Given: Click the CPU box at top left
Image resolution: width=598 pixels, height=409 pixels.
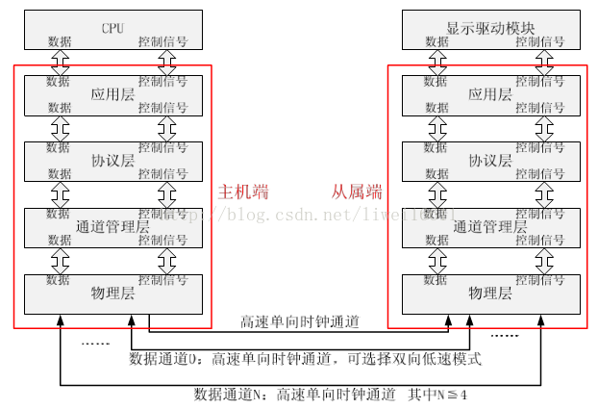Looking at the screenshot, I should pos(112,28).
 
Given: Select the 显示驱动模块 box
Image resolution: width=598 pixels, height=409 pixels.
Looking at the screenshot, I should pos(489,28).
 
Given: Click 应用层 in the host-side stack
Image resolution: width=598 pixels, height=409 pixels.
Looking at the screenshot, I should pos(112,95).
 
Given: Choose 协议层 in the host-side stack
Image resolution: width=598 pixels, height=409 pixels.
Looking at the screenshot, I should pos(112,161).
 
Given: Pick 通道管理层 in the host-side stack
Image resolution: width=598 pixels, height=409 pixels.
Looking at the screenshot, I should pos(112,227).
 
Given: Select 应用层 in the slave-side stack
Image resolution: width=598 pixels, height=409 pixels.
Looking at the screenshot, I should pos(489,95).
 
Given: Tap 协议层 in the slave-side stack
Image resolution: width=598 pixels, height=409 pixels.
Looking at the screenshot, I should pos(489,161).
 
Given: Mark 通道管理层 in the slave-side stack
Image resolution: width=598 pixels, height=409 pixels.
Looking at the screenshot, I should pos(489,227).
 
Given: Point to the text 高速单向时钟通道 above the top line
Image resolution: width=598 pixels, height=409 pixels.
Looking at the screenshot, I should pos(300,321).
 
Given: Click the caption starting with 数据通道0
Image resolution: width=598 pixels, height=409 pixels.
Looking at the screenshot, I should pos(305,359).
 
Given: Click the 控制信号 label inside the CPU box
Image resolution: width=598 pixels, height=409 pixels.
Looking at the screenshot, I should pos(162,42).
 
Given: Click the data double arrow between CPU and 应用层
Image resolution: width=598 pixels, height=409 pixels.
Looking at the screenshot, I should pos(59,62).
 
